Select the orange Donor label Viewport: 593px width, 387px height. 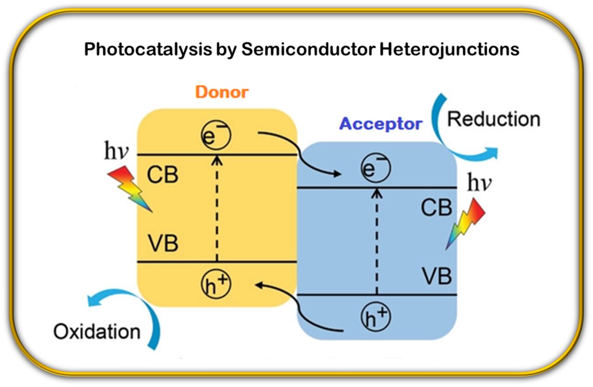[x=221, y=92]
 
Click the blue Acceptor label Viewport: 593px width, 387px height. [x=381, y=124]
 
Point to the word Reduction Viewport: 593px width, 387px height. [x=493, y=119]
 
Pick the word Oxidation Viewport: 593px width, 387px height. [x=96, y=332]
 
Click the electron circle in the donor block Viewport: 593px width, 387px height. [x=216, y=135]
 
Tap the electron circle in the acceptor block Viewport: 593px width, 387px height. [x=376, y=169]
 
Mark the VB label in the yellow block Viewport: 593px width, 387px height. [x=163, y=243]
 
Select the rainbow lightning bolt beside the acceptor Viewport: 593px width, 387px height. [x=465, y=223]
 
